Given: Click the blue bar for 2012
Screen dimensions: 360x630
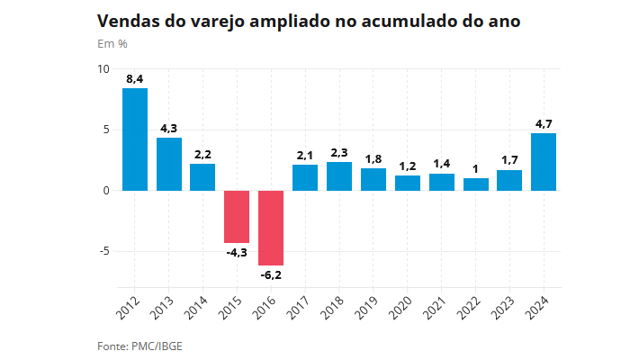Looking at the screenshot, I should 135,139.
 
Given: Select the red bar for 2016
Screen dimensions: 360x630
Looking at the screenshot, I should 271,228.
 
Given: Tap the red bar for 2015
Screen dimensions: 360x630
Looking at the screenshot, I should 237,217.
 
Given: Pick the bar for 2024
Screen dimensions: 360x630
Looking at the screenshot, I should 544,162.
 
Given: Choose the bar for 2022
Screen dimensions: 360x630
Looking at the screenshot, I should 476,184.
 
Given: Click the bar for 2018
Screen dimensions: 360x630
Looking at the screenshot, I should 339,176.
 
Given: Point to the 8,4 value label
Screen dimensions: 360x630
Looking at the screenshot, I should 135,80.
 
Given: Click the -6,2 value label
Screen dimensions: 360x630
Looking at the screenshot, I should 271,274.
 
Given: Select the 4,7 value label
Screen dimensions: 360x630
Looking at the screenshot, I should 544,124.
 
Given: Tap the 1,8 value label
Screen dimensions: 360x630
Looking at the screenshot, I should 373,159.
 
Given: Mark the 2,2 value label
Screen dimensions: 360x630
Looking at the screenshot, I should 202,155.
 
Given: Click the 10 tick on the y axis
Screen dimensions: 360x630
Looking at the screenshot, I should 103,69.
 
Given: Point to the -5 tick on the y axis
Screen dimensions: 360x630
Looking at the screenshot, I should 104,251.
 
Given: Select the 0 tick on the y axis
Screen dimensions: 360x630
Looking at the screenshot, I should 106,191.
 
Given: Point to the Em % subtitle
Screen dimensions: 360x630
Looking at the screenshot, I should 112,43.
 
